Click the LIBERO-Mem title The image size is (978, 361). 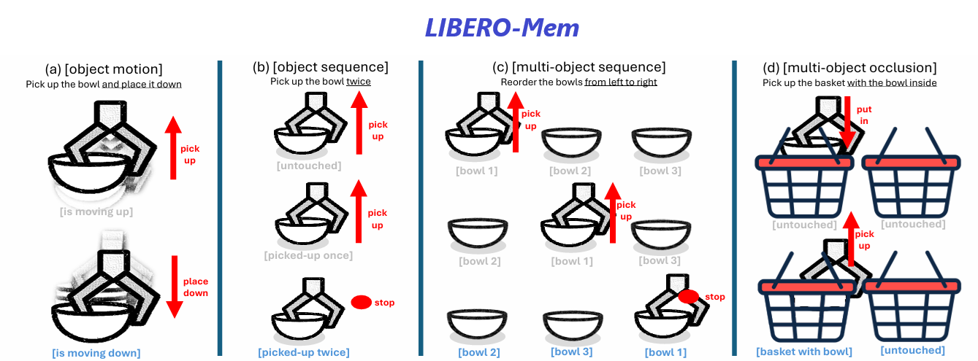pos(503,28)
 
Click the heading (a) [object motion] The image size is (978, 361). pos(104,69)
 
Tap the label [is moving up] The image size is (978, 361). pos(96,212)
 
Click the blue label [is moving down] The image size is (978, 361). pos(96,353)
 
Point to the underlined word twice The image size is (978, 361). pos(359,82)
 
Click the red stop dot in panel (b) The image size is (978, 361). pos(361,302)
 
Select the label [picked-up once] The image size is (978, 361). pos(308,255)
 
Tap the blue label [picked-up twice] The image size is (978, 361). pos(303,352)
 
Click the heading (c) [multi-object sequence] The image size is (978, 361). pos(579,67)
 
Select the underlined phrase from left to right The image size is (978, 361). pos(621,82)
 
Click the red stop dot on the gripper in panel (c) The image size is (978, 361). pos(689,297)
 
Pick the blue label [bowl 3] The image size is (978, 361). pos(570,352)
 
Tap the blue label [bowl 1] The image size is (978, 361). pos(665,352)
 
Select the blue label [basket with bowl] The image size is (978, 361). pos(804,352)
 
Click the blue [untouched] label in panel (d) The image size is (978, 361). pos(913,350)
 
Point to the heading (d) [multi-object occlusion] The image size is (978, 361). pos(849,68)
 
